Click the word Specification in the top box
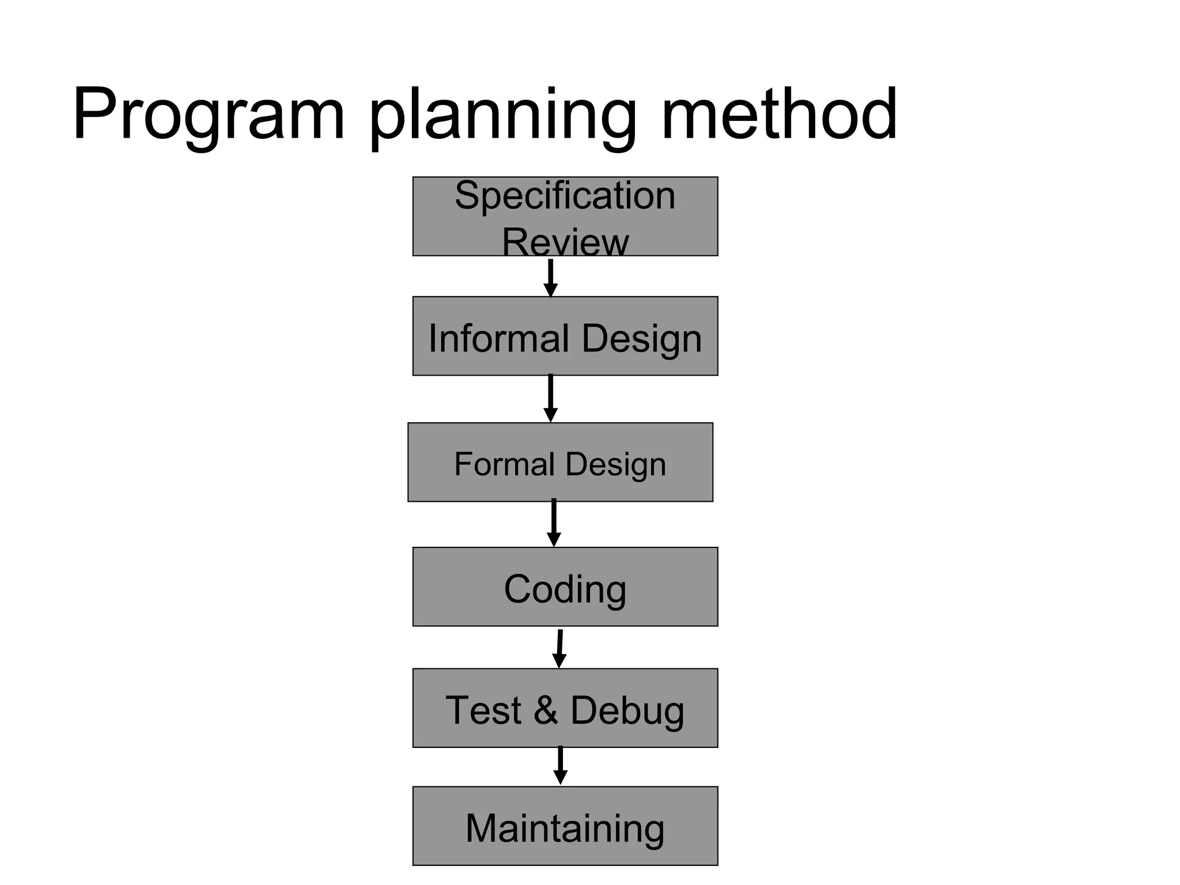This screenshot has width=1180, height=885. tap(565, 196)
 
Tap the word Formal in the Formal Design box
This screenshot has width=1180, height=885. tap(504, 464)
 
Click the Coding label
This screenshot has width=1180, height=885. tap(565, 589)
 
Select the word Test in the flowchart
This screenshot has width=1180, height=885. tap(483, 710)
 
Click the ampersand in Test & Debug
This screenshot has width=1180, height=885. tap(545, 710)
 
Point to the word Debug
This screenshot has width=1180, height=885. tap(627, 711)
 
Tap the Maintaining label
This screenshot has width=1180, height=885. tap(565, 829)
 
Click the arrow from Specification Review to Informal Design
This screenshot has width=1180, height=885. tap(551, 278)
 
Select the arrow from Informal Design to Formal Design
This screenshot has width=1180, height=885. tap(551, 398)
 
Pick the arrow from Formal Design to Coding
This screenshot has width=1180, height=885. tap(554, 523)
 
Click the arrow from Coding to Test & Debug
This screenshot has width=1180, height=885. tap(559, 648)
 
